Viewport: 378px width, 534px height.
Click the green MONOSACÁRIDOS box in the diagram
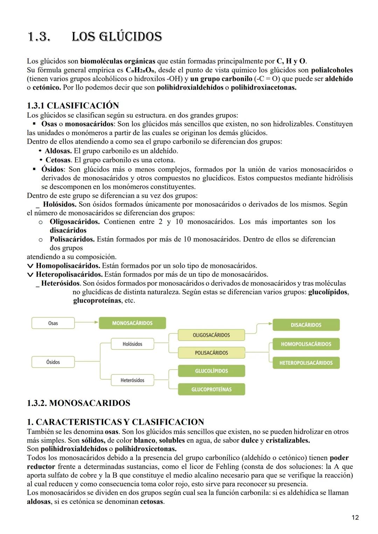tap(132, 323)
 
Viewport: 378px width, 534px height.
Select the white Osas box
tap(53, 323)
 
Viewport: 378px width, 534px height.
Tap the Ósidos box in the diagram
tap(53, 362)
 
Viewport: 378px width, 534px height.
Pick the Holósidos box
tap(133, 344)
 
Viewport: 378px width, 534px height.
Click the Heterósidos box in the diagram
tap(133, 380)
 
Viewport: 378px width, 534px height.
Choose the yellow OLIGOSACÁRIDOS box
tap(211, 335)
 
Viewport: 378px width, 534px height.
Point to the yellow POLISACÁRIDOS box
tap(211, 353)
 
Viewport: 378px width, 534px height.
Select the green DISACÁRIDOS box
tap(306, 325)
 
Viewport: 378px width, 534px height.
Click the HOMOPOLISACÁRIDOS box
tap(306, 344)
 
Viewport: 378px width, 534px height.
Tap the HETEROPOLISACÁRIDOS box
tap(306, 363)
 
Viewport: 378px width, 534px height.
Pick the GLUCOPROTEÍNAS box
tap(211, 389)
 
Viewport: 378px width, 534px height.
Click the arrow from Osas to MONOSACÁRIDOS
tap(87, 321)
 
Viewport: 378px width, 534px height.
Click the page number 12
tap(355, 518)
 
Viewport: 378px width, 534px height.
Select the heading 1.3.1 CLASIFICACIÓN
tap(73, 105)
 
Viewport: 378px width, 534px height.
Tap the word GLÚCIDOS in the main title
tap(117, 37)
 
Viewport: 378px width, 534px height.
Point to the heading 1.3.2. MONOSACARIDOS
tap(78, 403)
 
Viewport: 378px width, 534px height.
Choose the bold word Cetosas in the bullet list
tap(58, 160)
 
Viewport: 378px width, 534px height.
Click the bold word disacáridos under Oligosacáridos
tap(68, 230)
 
